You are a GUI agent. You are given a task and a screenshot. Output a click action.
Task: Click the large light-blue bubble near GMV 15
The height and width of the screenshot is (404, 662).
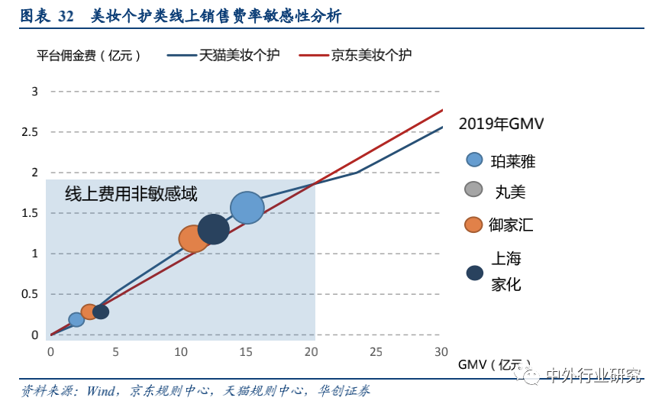[x=247, y=208]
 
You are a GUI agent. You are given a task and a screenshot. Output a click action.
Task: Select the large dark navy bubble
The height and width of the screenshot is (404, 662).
[x=213, y=229]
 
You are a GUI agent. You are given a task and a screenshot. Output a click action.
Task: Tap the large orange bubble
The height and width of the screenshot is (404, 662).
[x=193, y=239]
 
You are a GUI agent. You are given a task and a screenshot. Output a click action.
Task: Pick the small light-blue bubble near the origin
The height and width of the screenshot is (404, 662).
[x=76, y=319]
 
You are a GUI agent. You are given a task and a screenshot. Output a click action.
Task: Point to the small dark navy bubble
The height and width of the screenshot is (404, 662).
[x=101, y=312]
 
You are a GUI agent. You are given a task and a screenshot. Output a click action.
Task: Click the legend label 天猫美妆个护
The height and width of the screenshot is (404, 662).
[x=239, y=55]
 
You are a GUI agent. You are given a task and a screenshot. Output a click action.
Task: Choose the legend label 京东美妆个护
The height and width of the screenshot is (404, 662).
[x=371, y=55]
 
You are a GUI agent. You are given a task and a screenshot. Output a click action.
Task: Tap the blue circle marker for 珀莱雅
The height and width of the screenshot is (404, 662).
[x=474, y=160]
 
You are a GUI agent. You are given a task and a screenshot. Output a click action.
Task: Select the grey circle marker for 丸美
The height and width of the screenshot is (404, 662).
[x=473, y=189]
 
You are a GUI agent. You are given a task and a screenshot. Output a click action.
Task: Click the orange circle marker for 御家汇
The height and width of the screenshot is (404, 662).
[x=473, y=225]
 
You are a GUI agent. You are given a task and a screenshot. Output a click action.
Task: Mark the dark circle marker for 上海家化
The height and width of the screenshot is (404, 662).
[x=474, y=273]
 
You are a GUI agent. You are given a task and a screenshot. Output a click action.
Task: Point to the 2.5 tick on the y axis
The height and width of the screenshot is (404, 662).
[x=30, y=132]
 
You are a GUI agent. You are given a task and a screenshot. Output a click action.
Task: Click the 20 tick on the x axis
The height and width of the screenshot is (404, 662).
[x=312, y=351]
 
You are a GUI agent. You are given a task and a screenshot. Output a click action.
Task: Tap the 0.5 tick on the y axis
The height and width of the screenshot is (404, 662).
[x=30, y=294]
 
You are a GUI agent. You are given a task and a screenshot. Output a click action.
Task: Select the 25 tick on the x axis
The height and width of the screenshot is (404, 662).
[x=376, y=351]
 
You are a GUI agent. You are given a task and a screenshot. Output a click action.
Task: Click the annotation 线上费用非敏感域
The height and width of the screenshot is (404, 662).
[x=131, y=194]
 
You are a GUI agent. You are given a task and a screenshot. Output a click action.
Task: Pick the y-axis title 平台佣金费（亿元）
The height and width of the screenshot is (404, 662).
[x=89, y=55]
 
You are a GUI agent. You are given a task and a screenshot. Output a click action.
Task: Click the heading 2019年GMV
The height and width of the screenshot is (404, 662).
[x=501, y=124]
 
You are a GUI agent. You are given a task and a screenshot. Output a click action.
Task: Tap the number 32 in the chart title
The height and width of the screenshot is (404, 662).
[x=66, y=17]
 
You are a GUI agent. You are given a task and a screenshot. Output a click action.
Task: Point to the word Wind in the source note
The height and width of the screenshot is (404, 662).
[x=100, y=391]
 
